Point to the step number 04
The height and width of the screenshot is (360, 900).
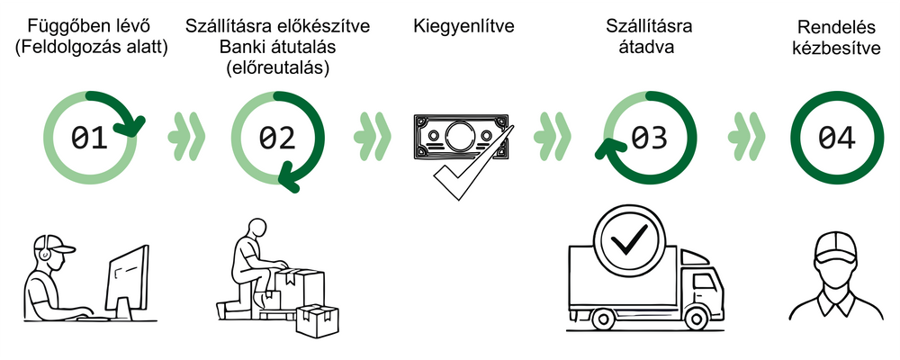837,138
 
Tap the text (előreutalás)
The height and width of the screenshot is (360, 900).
277,67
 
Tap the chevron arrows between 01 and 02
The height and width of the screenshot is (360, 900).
187,138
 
